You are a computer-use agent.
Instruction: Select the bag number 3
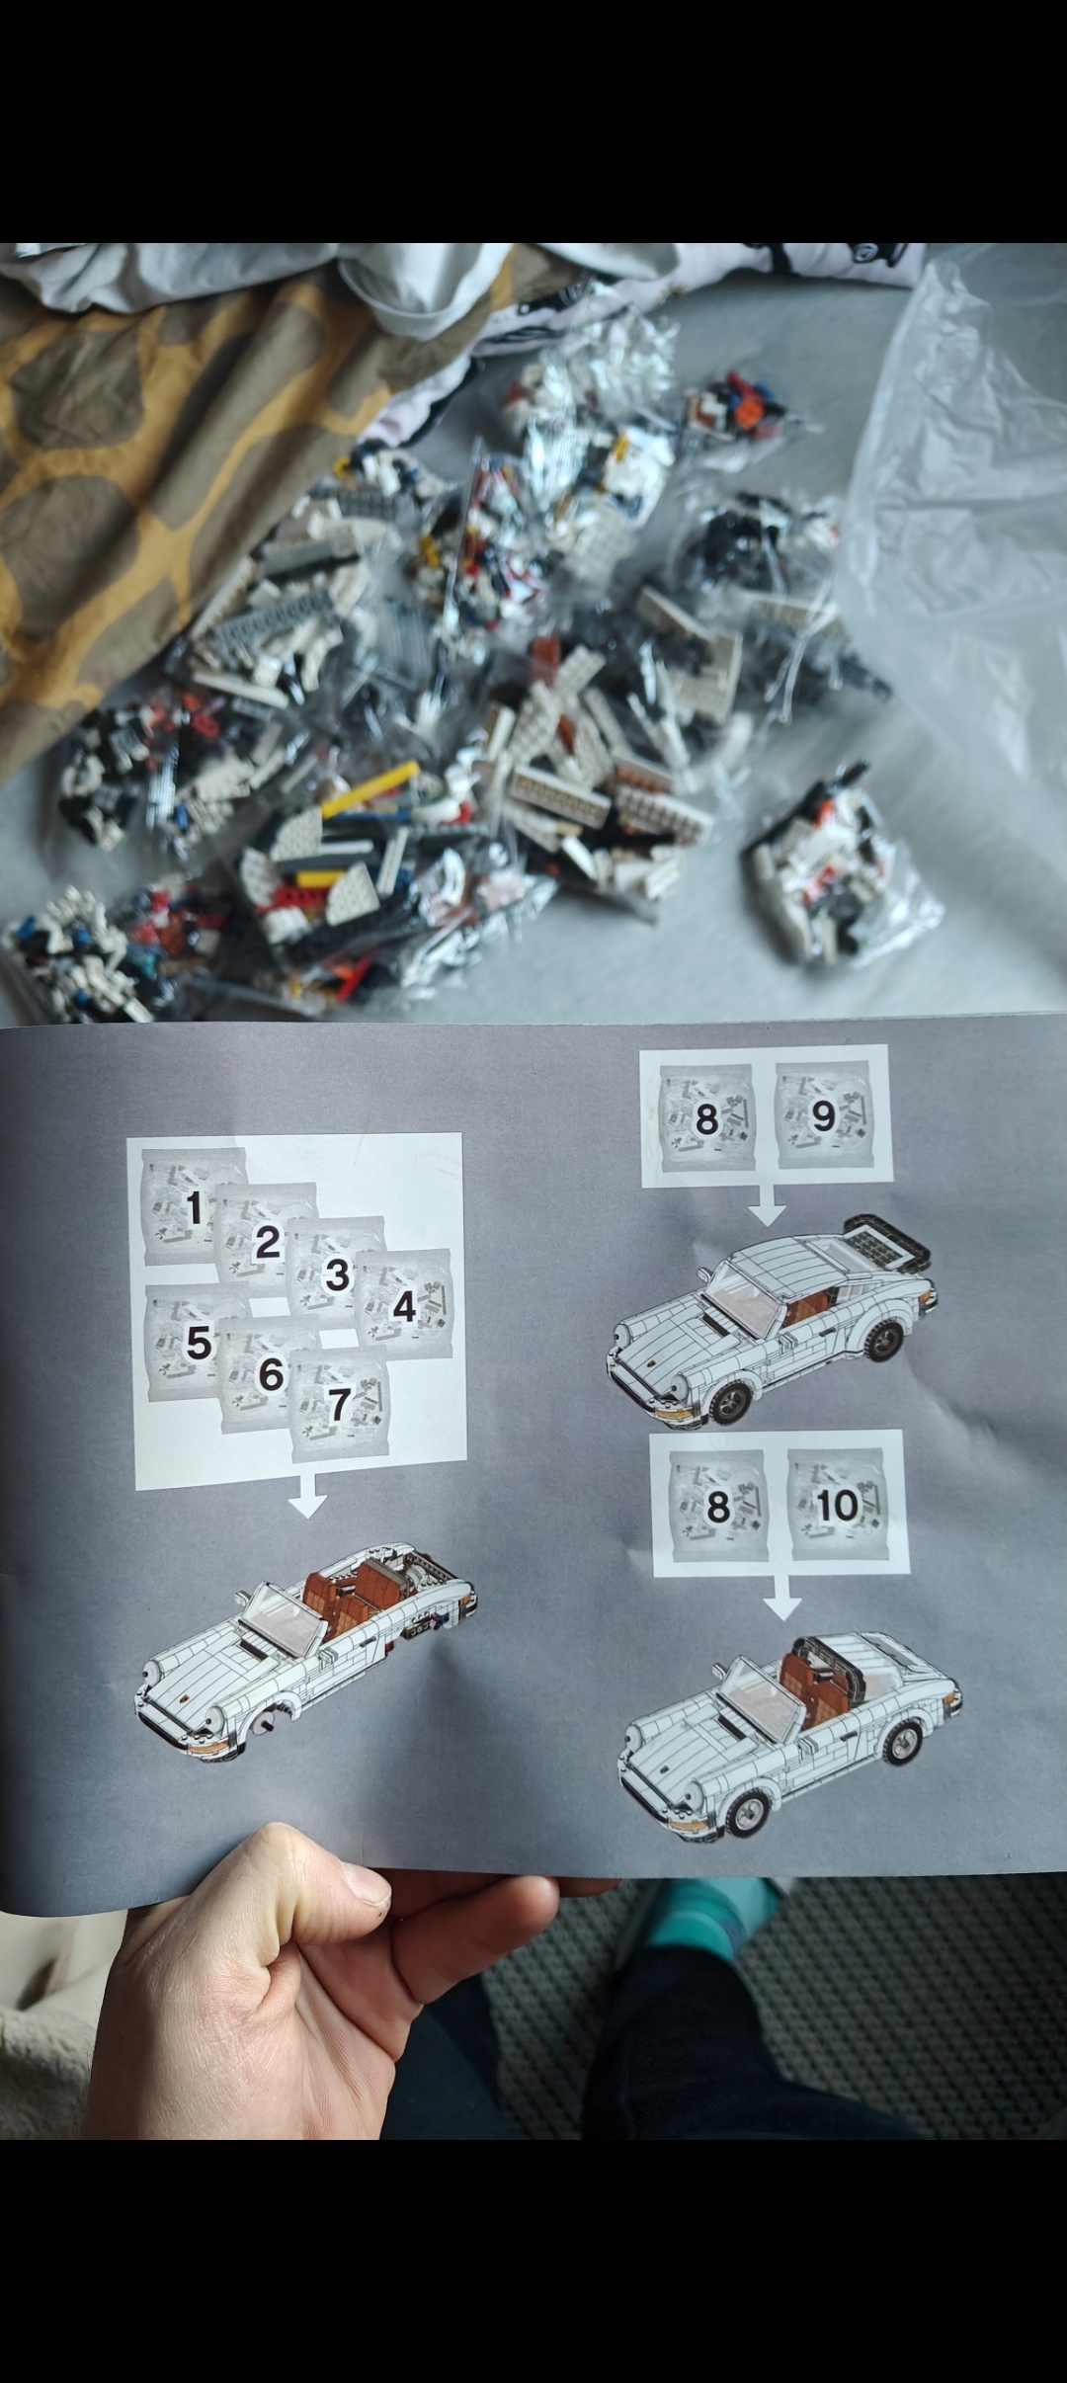point(337,1274)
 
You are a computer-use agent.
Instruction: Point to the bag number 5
point(199,1342)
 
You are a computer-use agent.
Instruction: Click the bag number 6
point(270,1374)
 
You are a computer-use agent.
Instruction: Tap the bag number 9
point(823,1117)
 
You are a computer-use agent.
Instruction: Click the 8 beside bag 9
point(706,1119)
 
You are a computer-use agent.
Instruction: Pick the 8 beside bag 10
point(717,1508)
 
